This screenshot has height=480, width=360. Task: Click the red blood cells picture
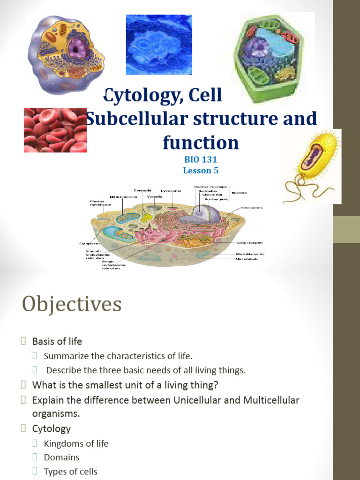coord(55,130)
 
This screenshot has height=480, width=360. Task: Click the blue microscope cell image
coord(158,45)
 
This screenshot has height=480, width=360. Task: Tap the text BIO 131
coord(201,159)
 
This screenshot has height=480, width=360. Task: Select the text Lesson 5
coord(201,170)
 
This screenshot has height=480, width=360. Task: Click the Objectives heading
coord(72,305)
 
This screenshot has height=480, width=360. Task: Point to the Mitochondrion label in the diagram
coord(123,197)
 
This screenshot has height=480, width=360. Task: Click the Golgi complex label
coord(251,243)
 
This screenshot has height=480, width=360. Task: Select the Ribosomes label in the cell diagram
coord(252,208)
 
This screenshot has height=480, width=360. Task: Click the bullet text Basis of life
coord(57,341)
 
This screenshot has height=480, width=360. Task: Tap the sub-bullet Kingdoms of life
coord(76,443)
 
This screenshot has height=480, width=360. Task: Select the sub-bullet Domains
coord(61,457)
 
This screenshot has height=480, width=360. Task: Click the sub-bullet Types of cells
coord(70,472)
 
